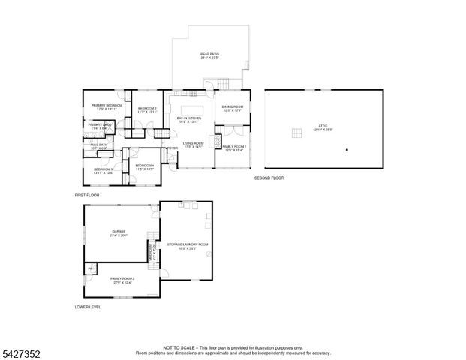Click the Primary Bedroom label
tap(102, 106)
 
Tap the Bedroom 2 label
tap(147, 109)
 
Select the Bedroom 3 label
tap(103, 170)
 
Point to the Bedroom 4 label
tap(144, 166)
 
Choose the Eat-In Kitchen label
tap(189, 119)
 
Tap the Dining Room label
tap(232, 108)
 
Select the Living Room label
tap(194, 144)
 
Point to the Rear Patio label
tap(209, 55)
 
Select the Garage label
tap(119, 232)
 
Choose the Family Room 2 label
tap(122, 280)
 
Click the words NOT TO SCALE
tap(178, 347)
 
